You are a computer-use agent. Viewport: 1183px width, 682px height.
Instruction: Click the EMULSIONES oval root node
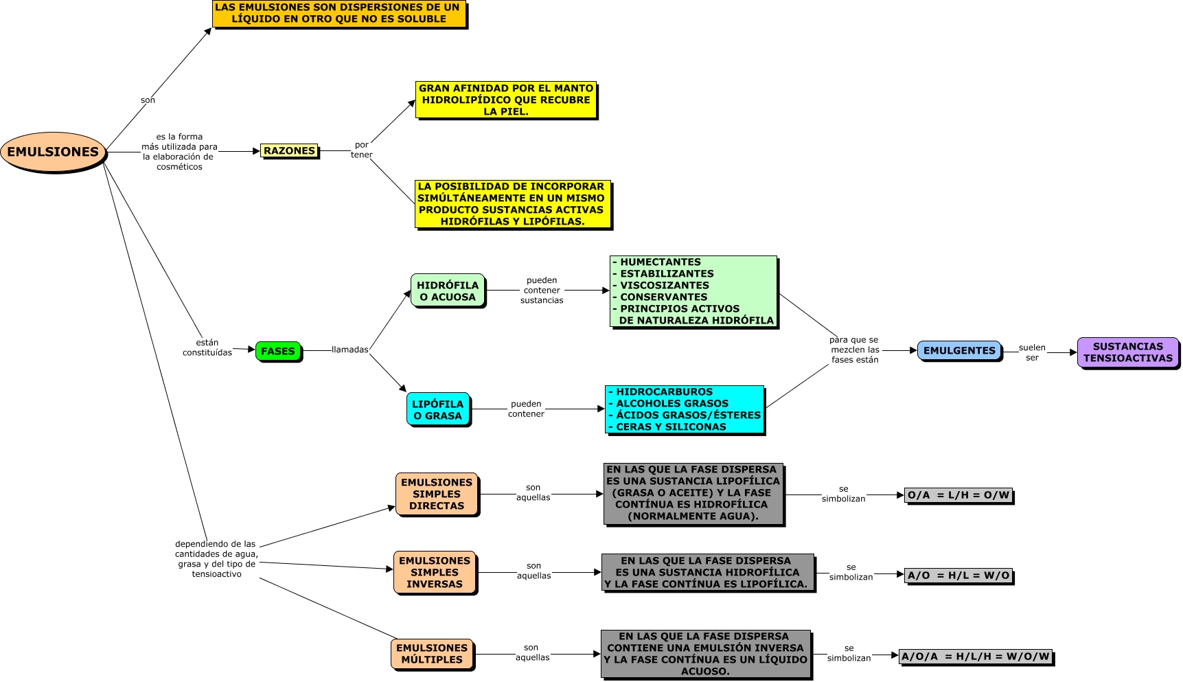point(54,152)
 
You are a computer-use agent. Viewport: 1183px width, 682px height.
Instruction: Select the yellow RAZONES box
point(289,151)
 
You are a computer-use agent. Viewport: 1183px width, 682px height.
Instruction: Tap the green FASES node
point(278,351)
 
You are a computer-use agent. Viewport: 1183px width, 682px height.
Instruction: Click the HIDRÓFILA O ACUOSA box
point(448,291)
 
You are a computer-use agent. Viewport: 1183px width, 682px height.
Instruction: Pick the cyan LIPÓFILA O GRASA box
point(438,409)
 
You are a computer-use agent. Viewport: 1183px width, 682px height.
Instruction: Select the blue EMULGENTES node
point(959,350)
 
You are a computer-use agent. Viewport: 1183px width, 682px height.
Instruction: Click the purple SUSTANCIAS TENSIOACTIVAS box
point(1128,352)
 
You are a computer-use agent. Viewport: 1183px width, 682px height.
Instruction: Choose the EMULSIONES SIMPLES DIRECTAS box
point(437,494)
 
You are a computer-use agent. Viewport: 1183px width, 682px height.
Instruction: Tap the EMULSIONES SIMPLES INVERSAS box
point(435,572)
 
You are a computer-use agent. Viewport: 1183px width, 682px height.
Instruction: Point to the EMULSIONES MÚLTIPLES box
point(432,654)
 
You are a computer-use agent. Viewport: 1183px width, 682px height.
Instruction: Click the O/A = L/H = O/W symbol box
point(958,495)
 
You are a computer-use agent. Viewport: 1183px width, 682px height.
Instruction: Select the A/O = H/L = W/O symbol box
point(958,576)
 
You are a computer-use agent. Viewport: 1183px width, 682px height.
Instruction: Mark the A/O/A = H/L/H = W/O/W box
point(976,657)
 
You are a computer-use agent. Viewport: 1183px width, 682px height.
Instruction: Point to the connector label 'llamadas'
point(350,350)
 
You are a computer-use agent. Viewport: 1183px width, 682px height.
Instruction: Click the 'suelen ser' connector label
point(1032,352)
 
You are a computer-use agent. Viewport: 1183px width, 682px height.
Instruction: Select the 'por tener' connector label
point(362,150)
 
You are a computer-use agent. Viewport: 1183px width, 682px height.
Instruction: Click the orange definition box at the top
point(338,14)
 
